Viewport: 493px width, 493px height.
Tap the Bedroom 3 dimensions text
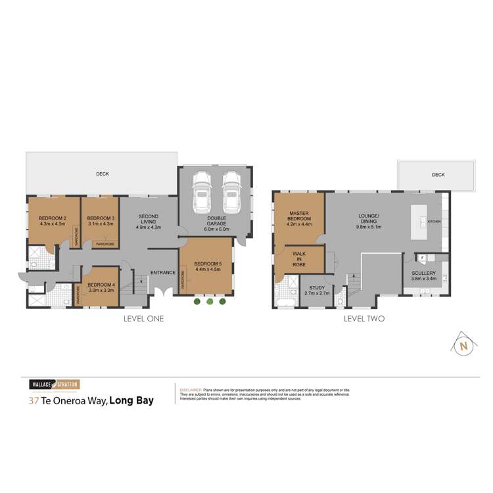point(101,224)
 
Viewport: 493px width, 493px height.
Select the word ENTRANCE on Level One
point(162,273)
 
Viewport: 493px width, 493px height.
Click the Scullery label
point(424,272)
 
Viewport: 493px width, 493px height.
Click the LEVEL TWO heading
point(364,319)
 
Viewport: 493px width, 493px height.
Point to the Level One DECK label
point(102,174)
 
